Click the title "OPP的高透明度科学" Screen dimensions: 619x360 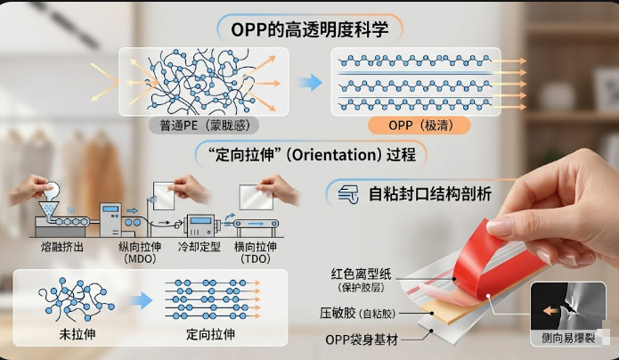click(310, 29)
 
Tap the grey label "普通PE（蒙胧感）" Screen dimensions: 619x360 click(204, 126)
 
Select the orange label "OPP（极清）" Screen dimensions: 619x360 click(419, 126)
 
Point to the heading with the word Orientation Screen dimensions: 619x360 click(311, 154)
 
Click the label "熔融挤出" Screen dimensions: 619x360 click(62, 247)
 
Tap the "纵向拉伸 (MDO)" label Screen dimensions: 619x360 click(140, 252)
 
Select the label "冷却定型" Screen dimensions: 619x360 click(199, 247)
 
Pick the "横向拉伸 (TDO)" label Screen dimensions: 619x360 click(256, 252)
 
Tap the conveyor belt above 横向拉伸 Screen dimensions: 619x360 click(256, 224)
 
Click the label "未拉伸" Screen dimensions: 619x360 click(77, 334)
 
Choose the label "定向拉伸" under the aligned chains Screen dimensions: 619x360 click(210, 334)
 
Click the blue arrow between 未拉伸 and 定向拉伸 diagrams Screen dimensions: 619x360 click(141, 300)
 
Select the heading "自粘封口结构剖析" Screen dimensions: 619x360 click(430, 194)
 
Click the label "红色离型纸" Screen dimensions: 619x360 click(362, 274)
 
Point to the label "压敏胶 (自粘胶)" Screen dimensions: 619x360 click(358, 314)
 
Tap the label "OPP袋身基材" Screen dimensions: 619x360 click(362, 340)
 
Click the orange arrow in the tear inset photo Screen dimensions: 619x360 click(551, 311)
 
